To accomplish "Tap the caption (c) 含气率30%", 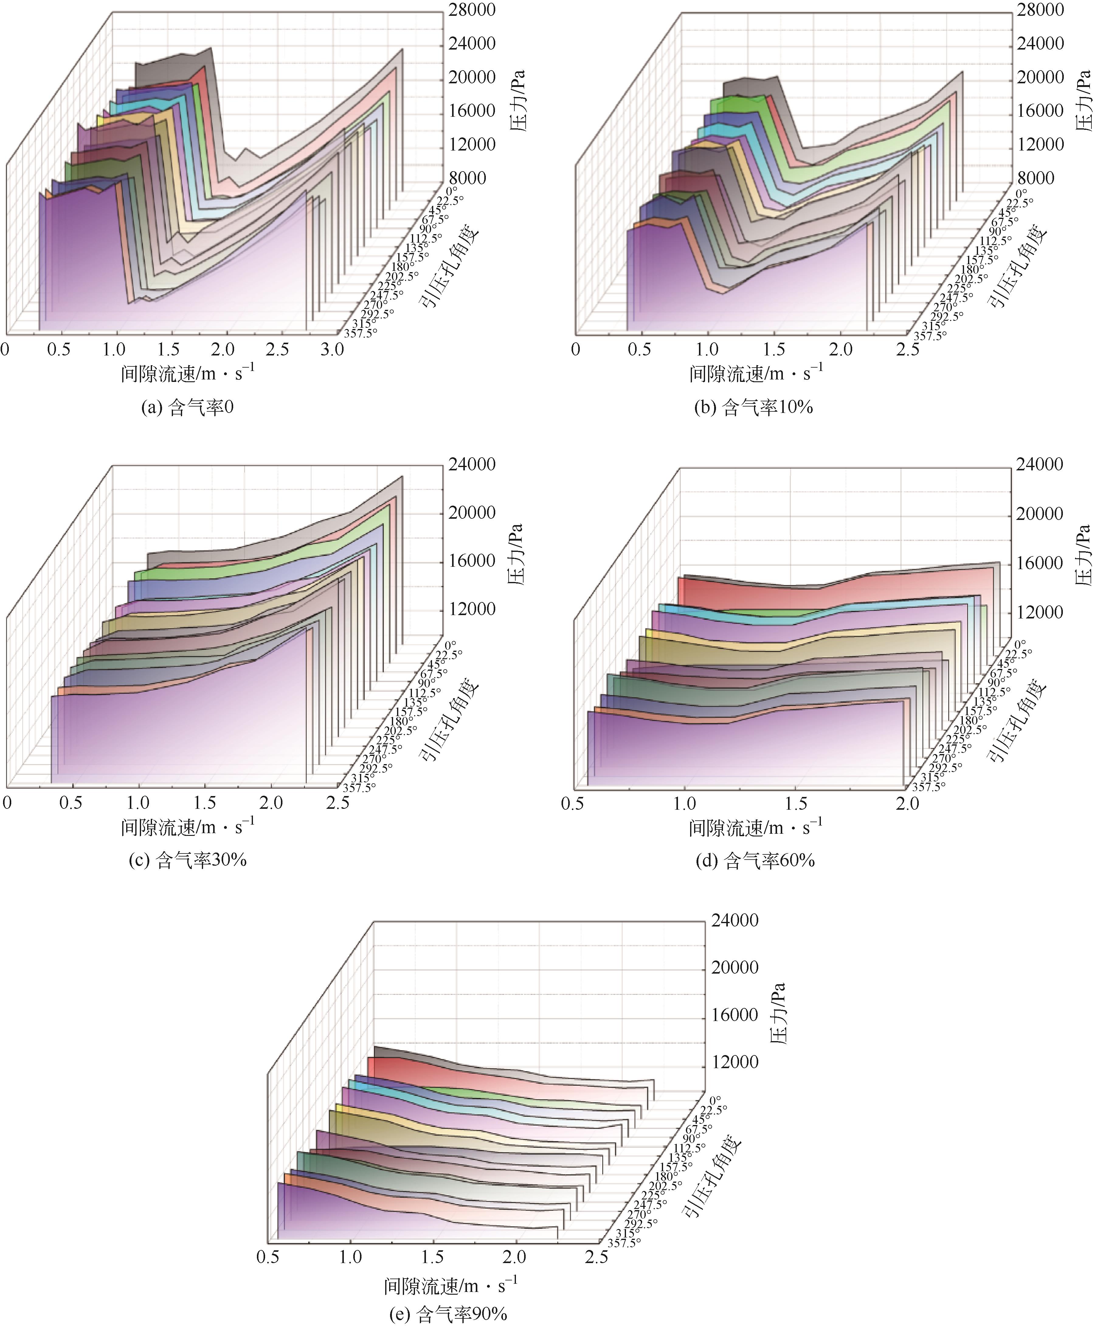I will [x=187, y=860].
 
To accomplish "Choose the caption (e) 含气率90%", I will [x=448, y=1315].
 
